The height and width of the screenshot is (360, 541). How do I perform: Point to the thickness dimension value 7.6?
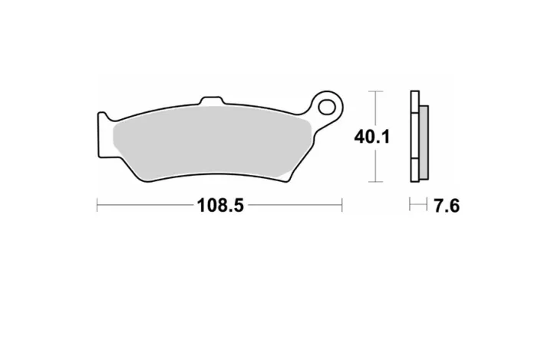[446, 206]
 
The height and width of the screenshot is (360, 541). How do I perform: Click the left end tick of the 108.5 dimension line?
[97, 206]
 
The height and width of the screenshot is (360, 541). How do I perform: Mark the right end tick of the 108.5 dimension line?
[341, 206]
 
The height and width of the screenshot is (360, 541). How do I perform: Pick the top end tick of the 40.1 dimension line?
[374, 91]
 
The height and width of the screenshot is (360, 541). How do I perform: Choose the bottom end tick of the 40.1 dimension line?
[374, 182]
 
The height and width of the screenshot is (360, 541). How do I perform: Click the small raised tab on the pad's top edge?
[210, 101]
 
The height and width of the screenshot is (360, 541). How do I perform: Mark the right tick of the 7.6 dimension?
[427, 206]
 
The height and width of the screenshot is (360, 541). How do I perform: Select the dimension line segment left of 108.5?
[146, 206]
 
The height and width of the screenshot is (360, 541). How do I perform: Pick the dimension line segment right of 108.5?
[295, 206]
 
